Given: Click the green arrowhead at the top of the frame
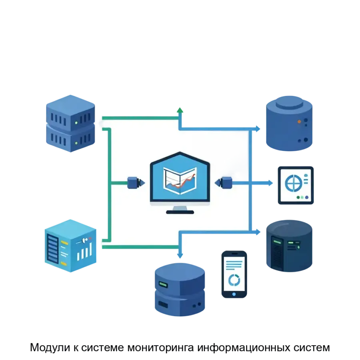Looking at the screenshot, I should pyautogui.click(x=180, y=109).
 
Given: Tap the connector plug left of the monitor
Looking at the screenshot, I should pyautogui.click(x=134, y=183).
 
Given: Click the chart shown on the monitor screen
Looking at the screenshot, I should pyautogui.click(x=180, y=181).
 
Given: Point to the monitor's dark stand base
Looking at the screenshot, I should pyautogui.click(x=180, y=212).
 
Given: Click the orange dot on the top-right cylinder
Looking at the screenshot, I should pyautogui.click(x=299, y=121).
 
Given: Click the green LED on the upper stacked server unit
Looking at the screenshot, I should pyautogui.click(x=76, y=124).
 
